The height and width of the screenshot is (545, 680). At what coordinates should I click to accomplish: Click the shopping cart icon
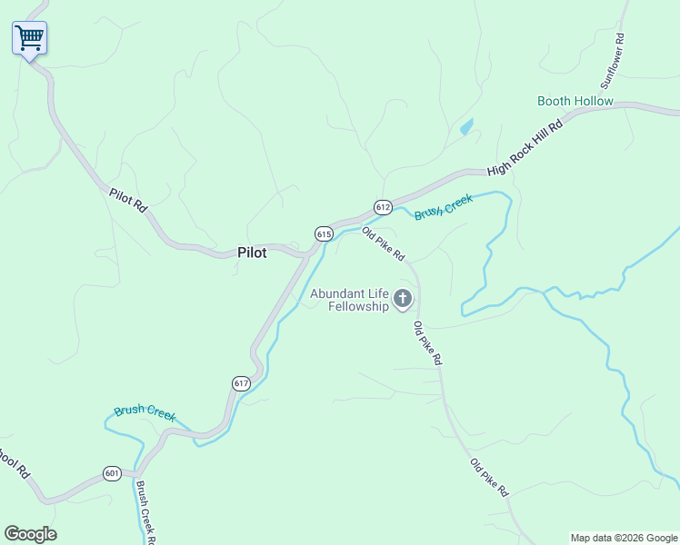point(29,38)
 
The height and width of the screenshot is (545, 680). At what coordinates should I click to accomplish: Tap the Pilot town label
point(252,253)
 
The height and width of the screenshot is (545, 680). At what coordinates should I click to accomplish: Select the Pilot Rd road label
point(127,199)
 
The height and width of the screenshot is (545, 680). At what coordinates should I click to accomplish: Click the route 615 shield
point(325,234)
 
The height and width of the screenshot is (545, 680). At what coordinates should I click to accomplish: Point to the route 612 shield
point(383,207)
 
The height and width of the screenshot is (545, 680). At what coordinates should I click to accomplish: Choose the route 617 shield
point(240,382)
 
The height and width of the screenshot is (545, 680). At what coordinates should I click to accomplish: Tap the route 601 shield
point(112,473)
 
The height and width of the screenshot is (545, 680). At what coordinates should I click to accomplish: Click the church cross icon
point(402,299)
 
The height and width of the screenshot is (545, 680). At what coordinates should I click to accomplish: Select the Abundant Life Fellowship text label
point(350,300)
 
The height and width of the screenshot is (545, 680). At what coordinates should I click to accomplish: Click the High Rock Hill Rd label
point(525,145)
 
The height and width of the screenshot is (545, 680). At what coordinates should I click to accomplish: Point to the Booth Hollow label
point(575,101)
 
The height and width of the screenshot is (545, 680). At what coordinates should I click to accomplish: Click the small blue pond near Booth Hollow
point(466,127)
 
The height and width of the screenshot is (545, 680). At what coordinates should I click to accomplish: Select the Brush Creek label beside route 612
point(444,208)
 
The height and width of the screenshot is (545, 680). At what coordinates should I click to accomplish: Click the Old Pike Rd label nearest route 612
point(383,243)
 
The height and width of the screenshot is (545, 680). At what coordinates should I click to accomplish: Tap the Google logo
point(30,534)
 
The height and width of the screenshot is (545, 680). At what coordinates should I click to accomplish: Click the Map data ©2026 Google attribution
point(624,538)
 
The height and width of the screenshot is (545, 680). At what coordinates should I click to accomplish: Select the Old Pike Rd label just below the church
point(427,343)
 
